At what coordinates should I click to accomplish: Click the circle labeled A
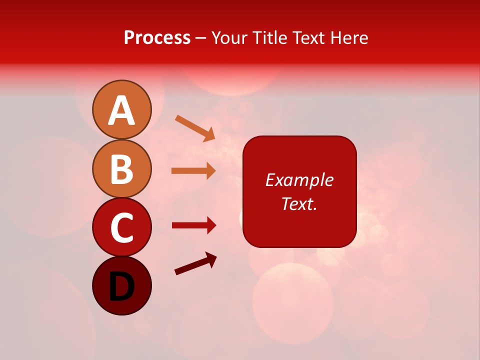[x=121, y=109]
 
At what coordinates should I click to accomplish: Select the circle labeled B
[x=121, y=168]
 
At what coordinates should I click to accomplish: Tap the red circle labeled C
[x=121, y=227]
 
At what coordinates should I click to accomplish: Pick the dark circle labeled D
[x=121, y=285]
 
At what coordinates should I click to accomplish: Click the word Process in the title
[x=157, y=38]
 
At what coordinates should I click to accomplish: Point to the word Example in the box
[x=299, y=180]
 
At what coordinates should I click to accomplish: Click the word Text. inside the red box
[x=299, y=204]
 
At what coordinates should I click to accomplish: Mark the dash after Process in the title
[x=200, y=38]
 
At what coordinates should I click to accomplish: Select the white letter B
[x=121, y=169]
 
